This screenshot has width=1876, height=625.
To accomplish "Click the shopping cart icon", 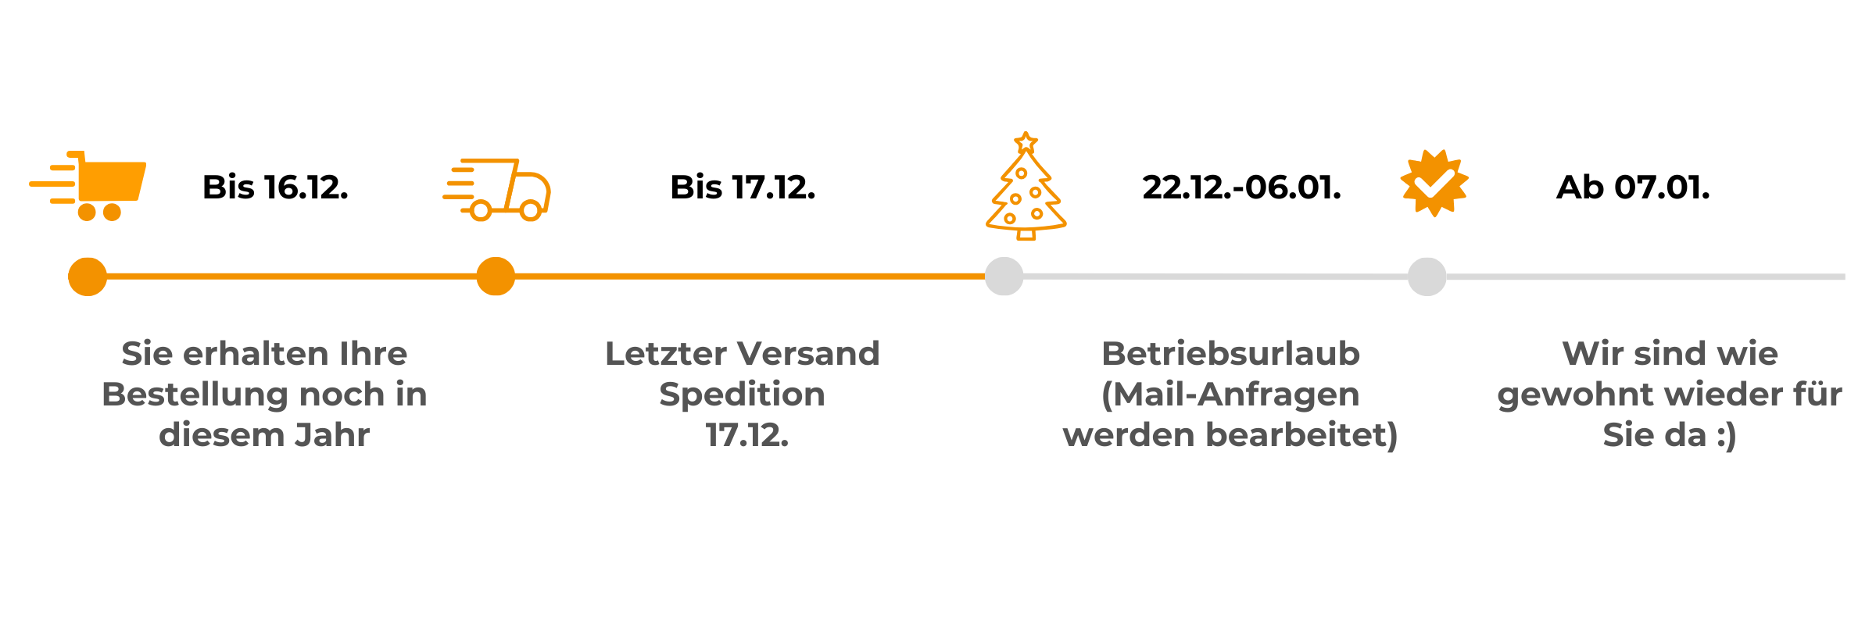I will click(x=98, y=186).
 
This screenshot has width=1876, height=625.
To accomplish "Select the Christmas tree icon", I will click(x=1026, y=191).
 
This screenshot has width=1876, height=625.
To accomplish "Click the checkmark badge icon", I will click(x=1434, y=183).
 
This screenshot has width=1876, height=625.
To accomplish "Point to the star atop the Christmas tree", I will click(x=1026, y=143).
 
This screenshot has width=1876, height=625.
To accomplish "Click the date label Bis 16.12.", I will click(x=275, y=187).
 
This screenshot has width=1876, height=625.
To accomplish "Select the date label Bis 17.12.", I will click(x=743, y=187).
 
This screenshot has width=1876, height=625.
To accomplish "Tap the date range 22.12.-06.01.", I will click(x=1241, y=187).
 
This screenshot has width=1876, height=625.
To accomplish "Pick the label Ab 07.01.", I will click(x=1633, y=187).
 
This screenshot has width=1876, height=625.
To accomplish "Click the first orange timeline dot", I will click(x=88, y=277).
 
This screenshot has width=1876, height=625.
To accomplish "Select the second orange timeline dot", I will click(x=496, y=277).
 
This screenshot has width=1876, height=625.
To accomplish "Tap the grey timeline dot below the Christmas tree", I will click(x=1004, y=277).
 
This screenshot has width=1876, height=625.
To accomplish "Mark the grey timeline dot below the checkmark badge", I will click(x=1427, y=277).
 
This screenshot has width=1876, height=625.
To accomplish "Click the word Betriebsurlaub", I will click(x=1230, y=354).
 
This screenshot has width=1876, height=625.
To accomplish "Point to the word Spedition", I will click(x=742, y=395).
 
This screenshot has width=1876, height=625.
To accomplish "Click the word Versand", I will click(x=810, y=354).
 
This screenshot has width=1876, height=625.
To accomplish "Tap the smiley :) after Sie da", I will click(x=1726, y=436).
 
